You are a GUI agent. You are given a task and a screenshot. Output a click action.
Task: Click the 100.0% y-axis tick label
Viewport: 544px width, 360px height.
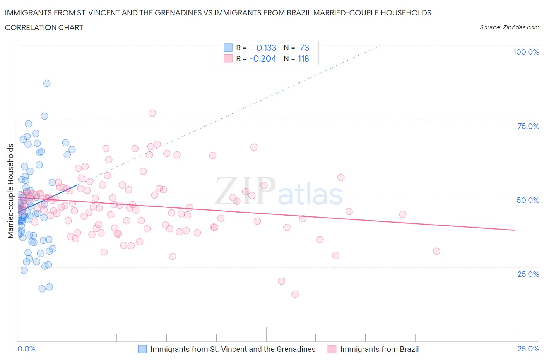tap(526, 52)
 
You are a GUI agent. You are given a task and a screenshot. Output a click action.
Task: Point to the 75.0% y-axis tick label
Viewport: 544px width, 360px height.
tap(528, 126)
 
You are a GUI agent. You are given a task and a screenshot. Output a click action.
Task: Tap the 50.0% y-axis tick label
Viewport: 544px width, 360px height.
tap(528, 200)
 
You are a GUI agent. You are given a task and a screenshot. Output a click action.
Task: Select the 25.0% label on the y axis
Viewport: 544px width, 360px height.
tap(528, 274)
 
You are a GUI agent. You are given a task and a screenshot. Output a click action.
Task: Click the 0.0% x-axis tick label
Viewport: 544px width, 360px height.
tap(26, 349)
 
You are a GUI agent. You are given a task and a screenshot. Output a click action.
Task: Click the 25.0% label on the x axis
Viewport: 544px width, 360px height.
tap(528, 349)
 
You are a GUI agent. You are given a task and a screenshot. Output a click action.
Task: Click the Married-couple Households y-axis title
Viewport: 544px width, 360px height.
tap(11, 191)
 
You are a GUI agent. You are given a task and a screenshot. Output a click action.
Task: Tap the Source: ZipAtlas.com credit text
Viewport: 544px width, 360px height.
tap(509, 27)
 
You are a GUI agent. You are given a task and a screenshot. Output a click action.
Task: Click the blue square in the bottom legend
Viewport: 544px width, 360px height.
tap(142, 349)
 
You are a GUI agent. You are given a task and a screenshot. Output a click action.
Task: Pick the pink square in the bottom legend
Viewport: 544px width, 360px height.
tap(332, 349)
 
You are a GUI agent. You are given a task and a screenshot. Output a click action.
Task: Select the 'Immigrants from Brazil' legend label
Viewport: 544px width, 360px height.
tap(379, 349)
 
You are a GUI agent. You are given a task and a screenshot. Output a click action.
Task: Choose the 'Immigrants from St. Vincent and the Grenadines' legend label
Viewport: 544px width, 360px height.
tap(233, 349)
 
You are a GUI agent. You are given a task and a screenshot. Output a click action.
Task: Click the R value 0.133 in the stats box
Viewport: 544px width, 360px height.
tap(266, 48)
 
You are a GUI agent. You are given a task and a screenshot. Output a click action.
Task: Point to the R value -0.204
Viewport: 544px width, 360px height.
tap(263, 58)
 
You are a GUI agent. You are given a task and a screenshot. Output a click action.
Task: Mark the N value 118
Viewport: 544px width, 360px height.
tap(303, 58)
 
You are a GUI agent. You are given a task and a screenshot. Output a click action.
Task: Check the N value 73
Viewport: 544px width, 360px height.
tap(304, 48)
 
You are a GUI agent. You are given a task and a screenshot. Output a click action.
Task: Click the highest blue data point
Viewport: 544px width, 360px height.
tap(47, 83)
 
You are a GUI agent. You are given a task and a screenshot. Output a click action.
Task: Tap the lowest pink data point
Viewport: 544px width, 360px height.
tap(295, 294)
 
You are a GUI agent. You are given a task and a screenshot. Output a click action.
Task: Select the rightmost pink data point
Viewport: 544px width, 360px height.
tap(436, 251)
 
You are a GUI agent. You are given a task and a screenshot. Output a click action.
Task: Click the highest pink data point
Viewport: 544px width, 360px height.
tap(152, 113)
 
